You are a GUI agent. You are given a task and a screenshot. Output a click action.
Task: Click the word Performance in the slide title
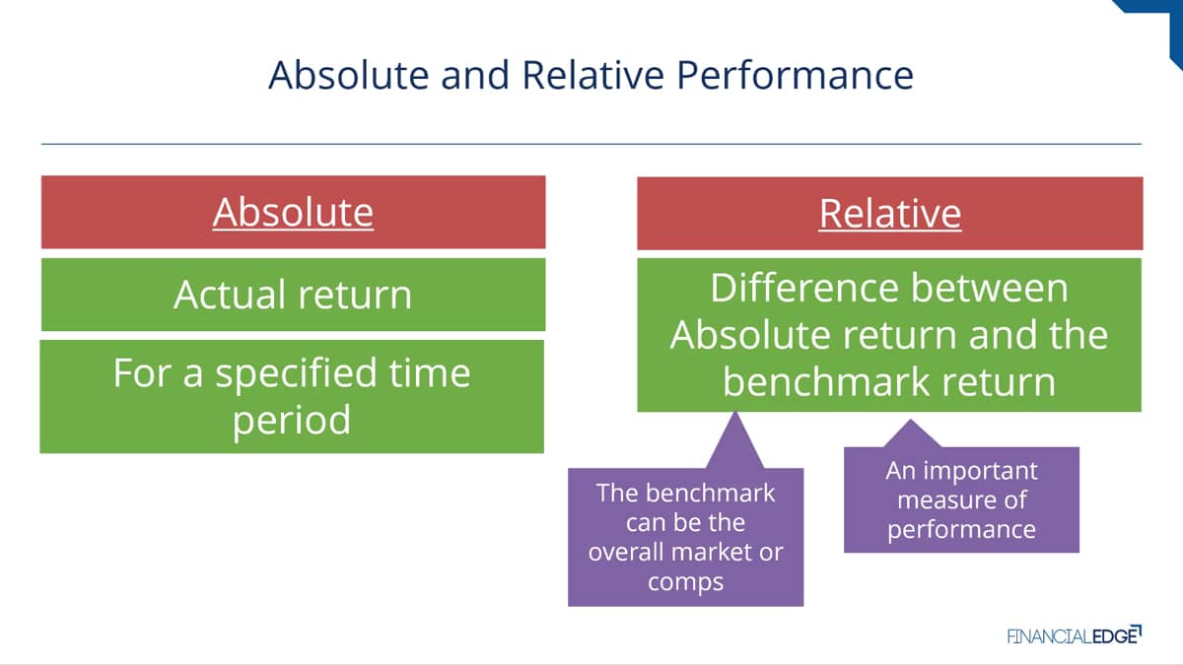pyautogui.click(x=795, y=76)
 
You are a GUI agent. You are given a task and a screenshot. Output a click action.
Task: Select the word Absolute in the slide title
pyautogui.click(x=349, y=75)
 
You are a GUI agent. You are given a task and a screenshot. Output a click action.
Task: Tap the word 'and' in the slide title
pyautogui.click(x=475, y=75)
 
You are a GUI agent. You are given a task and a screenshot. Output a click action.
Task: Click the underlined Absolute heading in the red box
pyautogui.click(x=293, y=213)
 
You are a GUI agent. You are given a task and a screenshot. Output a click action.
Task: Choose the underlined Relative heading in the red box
pyautogui.click(x=890, y=214)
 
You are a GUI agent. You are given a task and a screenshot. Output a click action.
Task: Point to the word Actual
pyautogui.click(x=231, y=295)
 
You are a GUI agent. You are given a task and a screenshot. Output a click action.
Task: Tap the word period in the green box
pyautogui.click(x=292, y=421)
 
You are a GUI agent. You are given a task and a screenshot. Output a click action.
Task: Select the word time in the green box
pyautogui.click(x=430, y=372)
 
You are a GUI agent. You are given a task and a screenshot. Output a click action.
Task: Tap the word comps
pyautogui.click(x=685, y=583)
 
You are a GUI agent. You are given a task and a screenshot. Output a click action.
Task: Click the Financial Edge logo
pyautogui.click(x=1075, y=635)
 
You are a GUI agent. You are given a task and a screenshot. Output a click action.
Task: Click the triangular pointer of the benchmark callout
pyautogui.click(x=734, y=442)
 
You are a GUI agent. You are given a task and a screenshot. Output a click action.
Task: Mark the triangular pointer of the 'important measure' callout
pyautogui.click(x=912, y=434)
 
